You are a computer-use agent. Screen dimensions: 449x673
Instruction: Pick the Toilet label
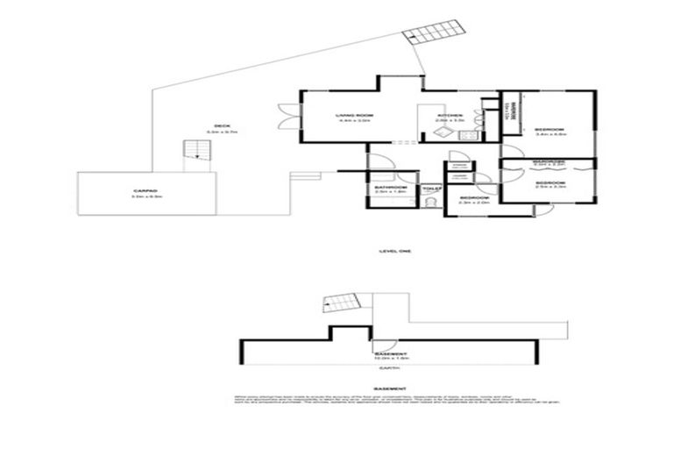(430, 188)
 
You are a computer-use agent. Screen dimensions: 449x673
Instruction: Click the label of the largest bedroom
(550, 129)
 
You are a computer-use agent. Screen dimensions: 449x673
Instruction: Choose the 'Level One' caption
(395, 251)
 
